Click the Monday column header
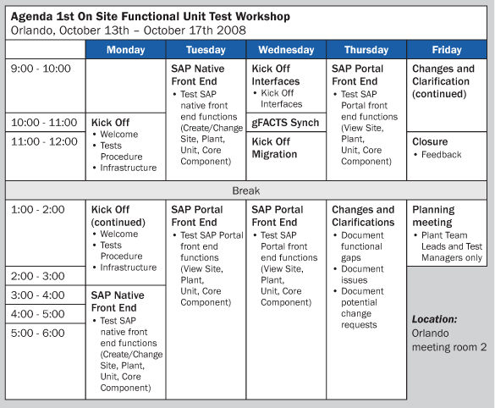125,50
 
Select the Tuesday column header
206,50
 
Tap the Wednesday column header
286,50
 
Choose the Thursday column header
366,50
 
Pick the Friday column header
447,50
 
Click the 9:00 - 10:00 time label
41,69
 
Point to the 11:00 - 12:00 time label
44,141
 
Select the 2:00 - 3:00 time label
37,276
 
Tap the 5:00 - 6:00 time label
37,333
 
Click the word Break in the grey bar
246,190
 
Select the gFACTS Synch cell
285,123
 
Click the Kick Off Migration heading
274,148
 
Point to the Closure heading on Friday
430,141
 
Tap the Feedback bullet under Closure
442,154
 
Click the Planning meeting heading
433,216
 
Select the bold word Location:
434,319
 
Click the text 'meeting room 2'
449,347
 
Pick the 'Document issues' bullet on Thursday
362,274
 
